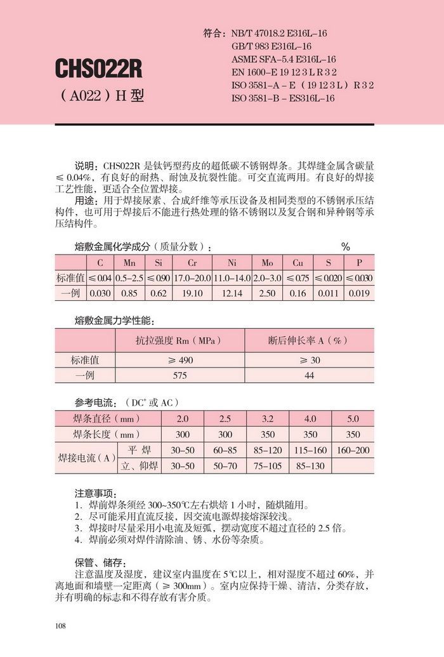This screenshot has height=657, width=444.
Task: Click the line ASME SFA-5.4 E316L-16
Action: [x=284, y=59]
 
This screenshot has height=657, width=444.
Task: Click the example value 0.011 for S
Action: [x=329, y=293]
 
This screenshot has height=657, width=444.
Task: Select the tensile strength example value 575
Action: [x=180, y=375]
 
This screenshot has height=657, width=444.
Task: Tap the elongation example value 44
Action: [x=309, y=375]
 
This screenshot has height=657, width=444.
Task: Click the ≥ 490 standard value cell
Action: [x=180, y=359]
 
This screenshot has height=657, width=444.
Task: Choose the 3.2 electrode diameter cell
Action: [x=267, y=419]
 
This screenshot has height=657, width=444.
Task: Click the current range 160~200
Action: [x=353, y=450]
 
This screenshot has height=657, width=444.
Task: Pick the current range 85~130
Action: [x=310, y=466]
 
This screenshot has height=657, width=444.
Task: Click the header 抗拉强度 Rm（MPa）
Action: [x=180, y=341]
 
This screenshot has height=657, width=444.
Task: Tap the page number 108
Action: [x=61, y=627]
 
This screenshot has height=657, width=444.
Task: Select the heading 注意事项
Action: [x=96, y=493]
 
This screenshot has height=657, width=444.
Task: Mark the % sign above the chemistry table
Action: [x=346, y=247]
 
